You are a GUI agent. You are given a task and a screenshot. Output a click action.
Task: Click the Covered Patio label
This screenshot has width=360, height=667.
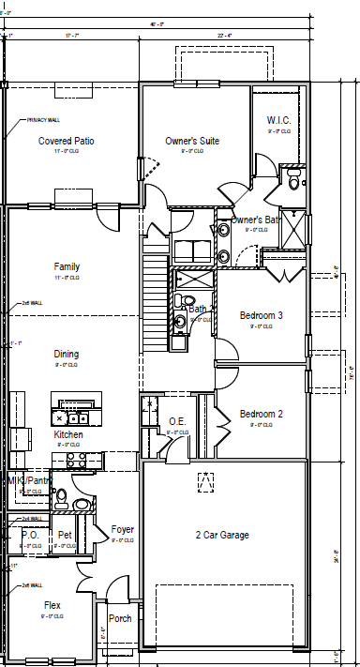tap(66, 141)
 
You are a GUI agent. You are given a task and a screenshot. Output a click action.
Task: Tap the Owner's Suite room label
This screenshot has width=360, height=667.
tap(192, 141)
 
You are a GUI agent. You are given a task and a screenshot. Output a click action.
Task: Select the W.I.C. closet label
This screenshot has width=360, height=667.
tap(278, 120)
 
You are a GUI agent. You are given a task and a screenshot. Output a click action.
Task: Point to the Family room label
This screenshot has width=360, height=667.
tap(67, 267)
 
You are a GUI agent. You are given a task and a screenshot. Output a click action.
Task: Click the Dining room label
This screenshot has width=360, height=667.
tap(66, 354)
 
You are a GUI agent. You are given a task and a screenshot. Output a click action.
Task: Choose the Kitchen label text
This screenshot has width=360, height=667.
tap(67, 435)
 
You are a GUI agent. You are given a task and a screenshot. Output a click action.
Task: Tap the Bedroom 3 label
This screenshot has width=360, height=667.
tap(261, 315)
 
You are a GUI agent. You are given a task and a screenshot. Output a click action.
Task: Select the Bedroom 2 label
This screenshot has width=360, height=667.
tap(261, 414)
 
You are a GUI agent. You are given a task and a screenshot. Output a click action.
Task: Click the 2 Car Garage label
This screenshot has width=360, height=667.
tap(222, 535)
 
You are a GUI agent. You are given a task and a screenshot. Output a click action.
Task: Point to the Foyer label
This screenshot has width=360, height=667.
tap(122, 529)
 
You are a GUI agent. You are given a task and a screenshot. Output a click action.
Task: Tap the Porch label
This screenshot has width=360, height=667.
tap(120, 618)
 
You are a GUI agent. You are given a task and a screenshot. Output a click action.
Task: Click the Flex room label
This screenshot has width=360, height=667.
tap(52, 605)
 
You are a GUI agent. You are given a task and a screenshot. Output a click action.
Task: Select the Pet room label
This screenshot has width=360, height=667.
tap(65, 535)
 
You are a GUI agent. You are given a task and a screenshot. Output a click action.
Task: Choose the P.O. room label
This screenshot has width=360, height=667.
tap(28, 535)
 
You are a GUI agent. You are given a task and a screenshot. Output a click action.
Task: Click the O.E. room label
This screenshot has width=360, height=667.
tap(178, 421)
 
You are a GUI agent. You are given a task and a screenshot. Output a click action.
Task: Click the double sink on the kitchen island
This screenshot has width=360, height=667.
tap(72, 417)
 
